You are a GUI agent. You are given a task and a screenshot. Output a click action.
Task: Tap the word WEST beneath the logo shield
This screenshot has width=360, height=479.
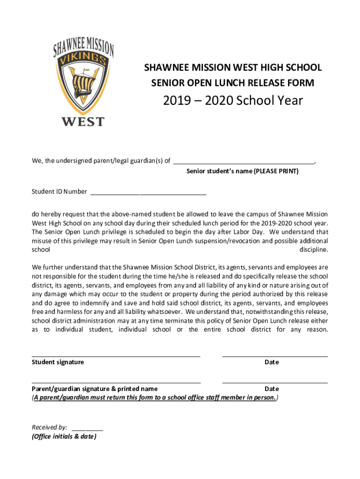click(83, 122)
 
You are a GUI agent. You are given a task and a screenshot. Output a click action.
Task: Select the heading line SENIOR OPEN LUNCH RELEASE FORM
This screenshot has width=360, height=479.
click(232, 83)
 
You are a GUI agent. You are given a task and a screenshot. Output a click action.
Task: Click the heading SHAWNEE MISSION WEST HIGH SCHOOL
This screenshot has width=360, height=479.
click(232, 68)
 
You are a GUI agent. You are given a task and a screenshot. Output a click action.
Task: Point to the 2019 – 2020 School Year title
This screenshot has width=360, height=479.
click(232, 101)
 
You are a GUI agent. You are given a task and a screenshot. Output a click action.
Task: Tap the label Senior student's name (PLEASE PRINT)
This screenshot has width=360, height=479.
click(242, 171)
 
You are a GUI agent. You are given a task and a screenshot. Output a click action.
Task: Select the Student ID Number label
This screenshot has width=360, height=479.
click(59, 192)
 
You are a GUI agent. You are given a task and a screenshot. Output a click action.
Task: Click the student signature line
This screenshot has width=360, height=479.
click(116, 356)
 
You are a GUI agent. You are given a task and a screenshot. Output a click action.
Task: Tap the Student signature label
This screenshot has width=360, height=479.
click(58, 362)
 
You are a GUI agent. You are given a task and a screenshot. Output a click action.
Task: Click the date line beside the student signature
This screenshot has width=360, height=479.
click(274, 356)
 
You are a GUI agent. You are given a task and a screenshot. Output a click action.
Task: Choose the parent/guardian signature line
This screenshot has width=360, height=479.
click(116, 383)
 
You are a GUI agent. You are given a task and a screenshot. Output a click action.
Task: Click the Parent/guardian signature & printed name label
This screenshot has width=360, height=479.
click(94, 389)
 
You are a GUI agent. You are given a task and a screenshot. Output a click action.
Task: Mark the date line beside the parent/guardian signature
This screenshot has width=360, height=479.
click(274, 383)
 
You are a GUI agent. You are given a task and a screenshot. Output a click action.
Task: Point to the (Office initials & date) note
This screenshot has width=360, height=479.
click(64, 436)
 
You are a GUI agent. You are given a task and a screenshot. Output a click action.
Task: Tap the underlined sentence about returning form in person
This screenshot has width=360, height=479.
click(155, 398)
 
